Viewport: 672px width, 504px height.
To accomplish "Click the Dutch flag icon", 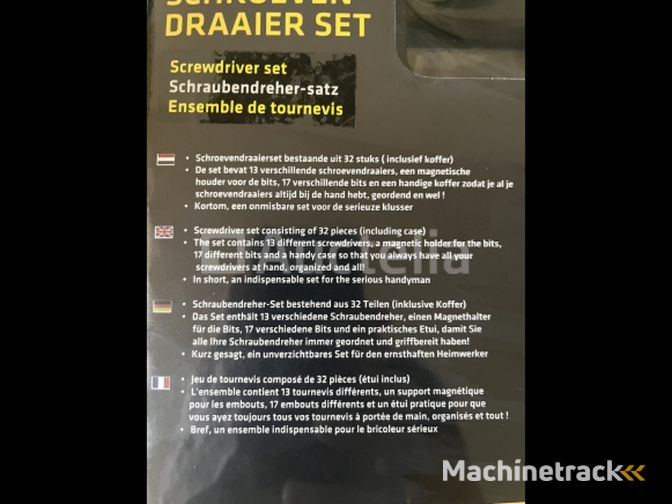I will (165, 159).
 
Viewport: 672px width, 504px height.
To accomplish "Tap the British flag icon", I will (164, 231).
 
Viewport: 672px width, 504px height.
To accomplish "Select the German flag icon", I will (163, 305).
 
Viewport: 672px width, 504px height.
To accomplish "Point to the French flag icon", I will (161, 382).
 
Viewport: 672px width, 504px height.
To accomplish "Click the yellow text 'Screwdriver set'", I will (228, 68).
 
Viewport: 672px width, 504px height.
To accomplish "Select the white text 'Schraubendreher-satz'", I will (253, 87).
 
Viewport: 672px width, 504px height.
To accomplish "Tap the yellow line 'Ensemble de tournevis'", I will (255, 107).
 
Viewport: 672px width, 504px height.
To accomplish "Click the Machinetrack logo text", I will (532, 471).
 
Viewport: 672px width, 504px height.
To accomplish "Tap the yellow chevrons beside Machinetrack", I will (634, 471).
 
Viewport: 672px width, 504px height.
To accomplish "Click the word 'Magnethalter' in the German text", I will (463, 317).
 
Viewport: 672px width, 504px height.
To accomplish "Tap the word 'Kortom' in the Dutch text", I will (209, 207).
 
